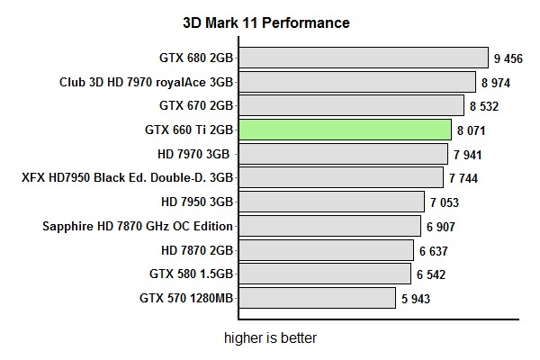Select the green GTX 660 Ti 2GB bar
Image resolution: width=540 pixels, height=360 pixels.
click(345, 130)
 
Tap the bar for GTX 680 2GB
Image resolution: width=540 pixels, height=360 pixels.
click(364, 58)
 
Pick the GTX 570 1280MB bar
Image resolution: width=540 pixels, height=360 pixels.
click(317, 297)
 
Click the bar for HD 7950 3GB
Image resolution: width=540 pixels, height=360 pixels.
click(331, 202)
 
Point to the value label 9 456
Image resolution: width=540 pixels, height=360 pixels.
click(508, 59)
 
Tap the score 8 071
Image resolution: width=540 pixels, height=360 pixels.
click(472, 130)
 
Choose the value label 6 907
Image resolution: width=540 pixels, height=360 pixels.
click(443, 227)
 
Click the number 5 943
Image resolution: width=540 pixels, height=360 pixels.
click(417, 299)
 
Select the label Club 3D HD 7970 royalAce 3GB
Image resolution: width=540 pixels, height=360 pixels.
click(147, 82)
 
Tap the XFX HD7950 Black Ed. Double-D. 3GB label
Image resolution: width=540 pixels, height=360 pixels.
click(128, 177)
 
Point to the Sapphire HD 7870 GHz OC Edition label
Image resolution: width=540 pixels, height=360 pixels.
click(138, 226)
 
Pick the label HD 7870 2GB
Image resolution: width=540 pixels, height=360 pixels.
click(195, 249)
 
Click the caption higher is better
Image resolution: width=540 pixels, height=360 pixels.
click(270, 338)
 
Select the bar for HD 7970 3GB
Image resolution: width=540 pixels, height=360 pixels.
click(343, 154)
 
